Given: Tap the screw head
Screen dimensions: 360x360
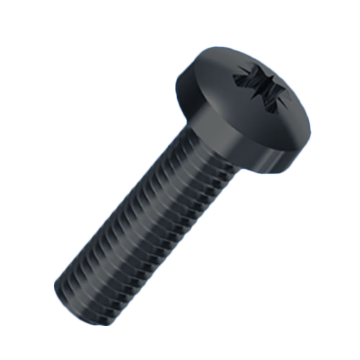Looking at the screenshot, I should [x=245, y=108].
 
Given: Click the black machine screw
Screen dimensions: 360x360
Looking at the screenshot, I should [x=180, y=180].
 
